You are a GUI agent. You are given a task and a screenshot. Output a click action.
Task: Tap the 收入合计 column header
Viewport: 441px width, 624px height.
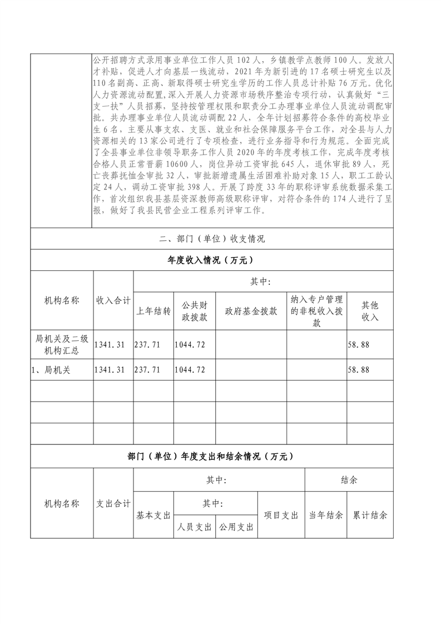(113, 300)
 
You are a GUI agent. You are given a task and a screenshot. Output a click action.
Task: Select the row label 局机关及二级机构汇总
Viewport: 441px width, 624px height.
(62, 345)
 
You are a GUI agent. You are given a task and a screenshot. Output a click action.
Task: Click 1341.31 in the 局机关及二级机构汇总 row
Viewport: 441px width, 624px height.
(110, 345)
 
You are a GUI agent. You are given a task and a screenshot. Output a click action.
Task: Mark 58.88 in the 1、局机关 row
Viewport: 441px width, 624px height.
(359, 369)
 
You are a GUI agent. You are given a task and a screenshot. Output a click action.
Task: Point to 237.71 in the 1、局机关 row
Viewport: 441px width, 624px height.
(147, 369)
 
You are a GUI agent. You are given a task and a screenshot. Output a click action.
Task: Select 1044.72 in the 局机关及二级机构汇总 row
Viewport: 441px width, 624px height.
(190, 345)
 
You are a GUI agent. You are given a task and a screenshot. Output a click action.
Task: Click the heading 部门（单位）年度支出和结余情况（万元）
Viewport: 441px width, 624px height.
(211, 457)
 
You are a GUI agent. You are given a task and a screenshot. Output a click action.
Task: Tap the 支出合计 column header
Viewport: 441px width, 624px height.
(113, 504)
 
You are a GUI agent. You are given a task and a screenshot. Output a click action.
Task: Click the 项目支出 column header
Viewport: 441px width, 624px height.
(281, 516)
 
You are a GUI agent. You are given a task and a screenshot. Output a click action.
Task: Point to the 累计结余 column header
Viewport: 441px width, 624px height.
(370, 516)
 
